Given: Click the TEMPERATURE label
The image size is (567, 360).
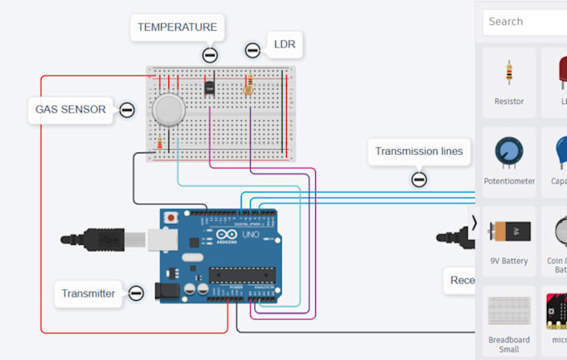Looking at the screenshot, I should tap(177, 27).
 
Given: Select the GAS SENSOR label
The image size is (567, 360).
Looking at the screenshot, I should tap(70, 109).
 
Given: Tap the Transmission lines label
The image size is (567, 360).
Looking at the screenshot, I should tap(419, 152).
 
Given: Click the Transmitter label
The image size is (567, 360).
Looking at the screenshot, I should tap(88, 293).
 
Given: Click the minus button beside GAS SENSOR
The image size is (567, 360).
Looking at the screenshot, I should tap(127, 109).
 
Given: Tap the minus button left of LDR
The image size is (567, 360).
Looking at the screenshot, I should tap(253, 51).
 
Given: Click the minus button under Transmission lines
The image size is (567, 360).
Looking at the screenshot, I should tap(419, 178).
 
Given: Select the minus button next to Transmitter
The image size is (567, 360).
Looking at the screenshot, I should tap(136, 293).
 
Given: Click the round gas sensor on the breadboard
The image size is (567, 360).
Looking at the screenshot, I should tap(168, 109).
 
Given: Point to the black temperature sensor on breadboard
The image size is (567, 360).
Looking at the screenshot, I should tap(209, 86).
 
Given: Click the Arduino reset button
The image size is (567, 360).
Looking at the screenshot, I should tap(172, 217).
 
